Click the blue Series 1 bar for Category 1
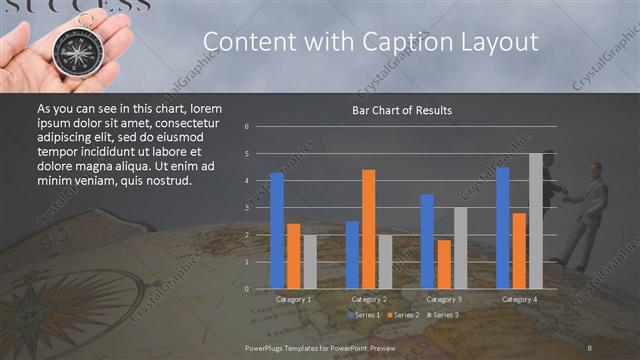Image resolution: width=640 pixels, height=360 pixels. click(x=277, y=230)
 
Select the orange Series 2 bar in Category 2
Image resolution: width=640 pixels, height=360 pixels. click(x=369, y=229)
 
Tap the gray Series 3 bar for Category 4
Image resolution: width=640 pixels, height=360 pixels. click(x=536, y=221)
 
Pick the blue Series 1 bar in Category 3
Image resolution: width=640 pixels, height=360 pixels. click(x=427, y=241)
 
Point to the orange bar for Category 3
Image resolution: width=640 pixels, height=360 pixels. click(x=444, y=264)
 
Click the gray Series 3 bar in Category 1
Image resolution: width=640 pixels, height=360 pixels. click(x=309, y=261)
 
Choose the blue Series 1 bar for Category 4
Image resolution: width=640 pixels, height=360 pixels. click(x=502, y=227)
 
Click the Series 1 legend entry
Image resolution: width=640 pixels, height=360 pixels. click(x=363, y=315)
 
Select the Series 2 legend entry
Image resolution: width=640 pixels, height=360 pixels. click(x=402, y=315)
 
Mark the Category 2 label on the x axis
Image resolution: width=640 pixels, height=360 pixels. click(x=369, y=299)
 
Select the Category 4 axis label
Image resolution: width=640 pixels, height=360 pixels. click(x=519, y=299)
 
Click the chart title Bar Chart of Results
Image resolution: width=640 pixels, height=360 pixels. click(x=402, y=109)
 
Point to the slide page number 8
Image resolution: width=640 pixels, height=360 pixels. click(x=590, y=347)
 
